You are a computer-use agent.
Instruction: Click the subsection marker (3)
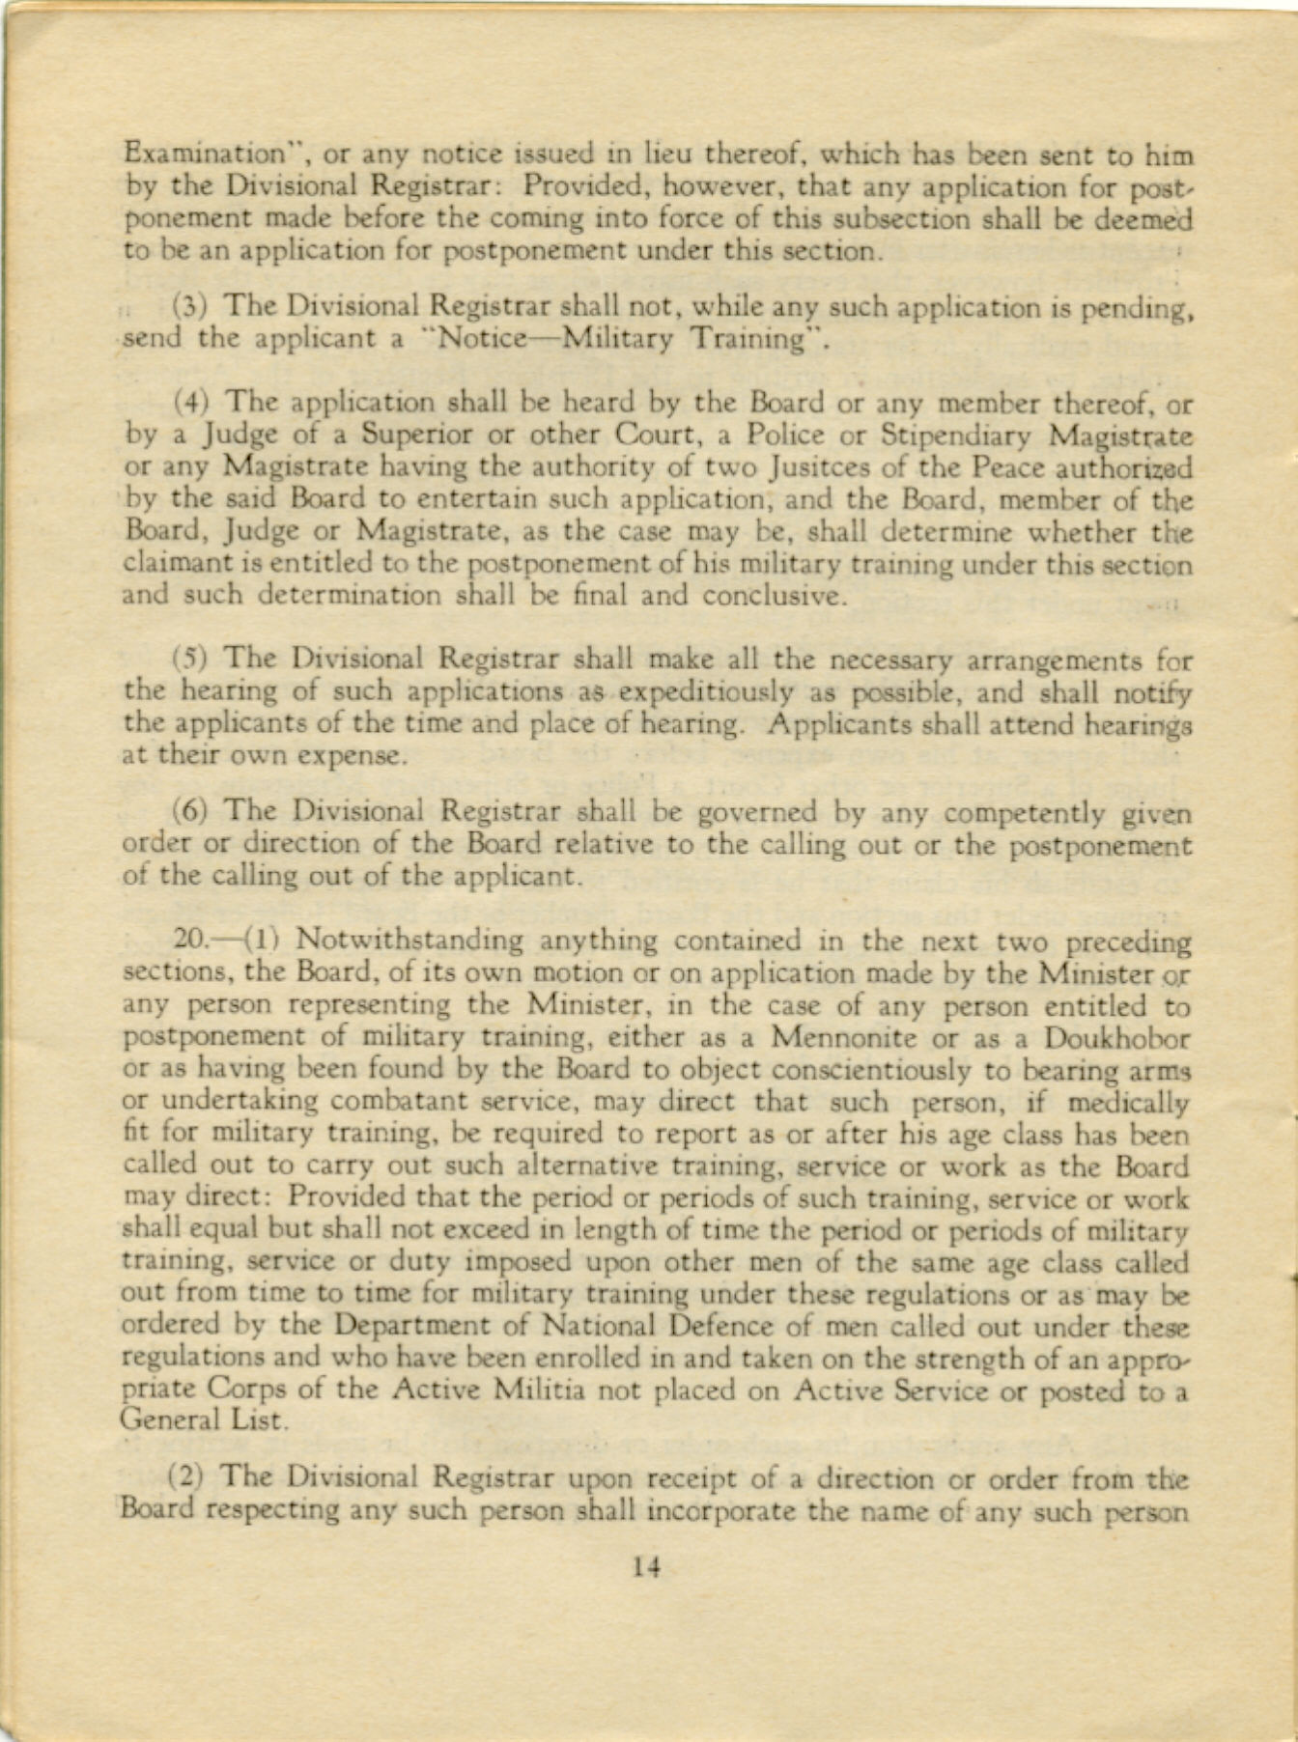[x=186, y=309]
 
